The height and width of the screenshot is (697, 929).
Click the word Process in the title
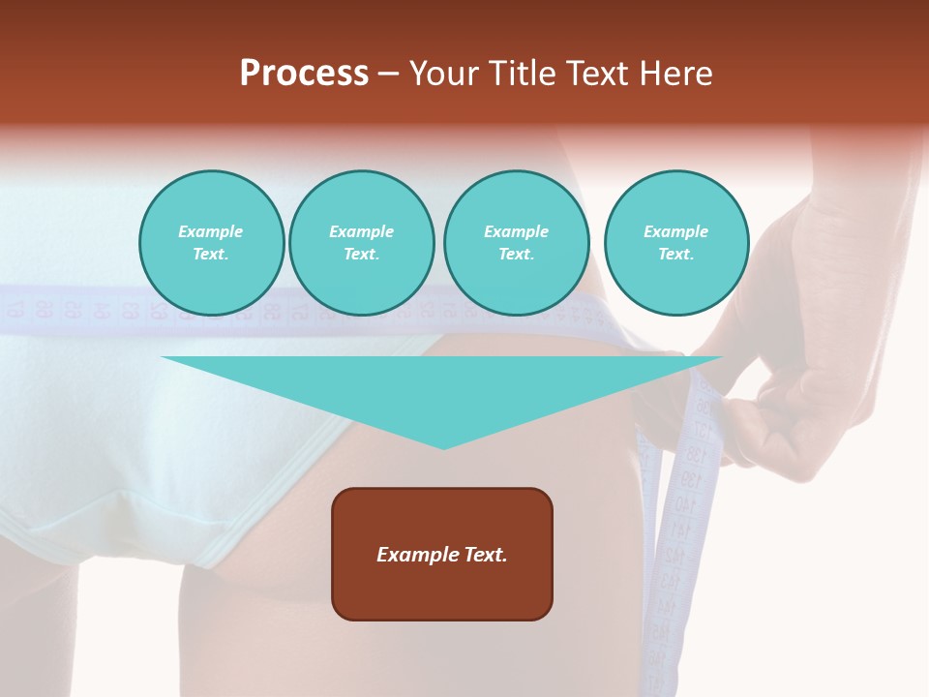click(x=304, y=74)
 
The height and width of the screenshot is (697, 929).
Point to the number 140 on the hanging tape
click(x=684, y=504)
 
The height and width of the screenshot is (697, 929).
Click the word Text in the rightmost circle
click(x=675, y=254)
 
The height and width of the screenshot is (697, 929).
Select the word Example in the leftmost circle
click(x=211, y=231)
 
